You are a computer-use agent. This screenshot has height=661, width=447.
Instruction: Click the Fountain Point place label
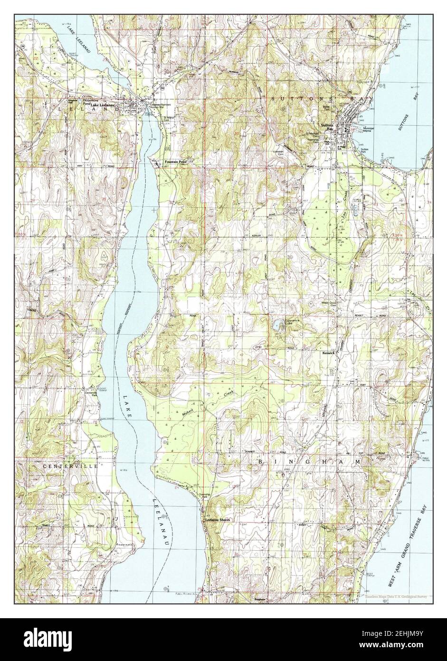click(x=176, y=162)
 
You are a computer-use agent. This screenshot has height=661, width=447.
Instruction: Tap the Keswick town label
click(x=342, y=354)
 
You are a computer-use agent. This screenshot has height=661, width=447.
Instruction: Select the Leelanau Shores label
click(x=218, y=520)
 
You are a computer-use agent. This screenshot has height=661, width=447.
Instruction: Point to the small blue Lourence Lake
click(x=276, y=326)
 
